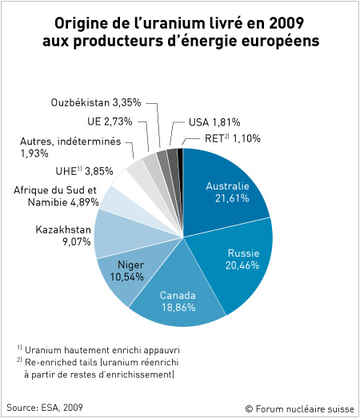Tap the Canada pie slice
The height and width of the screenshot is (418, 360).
coord(178,296)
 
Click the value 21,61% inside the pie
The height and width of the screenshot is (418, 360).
coord(232,198)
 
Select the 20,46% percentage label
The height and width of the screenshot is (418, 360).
coord(242,265)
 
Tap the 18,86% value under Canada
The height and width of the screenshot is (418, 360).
coord(178,308)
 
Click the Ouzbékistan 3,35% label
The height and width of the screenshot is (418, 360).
coord(96,102)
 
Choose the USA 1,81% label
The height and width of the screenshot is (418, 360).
coord(214,122)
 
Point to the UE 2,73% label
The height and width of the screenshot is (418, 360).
coord(110,121)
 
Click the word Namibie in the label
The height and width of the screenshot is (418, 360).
coord(48,202)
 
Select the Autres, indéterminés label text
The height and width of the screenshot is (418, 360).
coord(70,141)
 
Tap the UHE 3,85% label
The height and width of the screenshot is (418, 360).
coord(84,171)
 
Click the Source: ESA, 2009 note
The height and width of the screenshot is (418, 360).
coord(45,408)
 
